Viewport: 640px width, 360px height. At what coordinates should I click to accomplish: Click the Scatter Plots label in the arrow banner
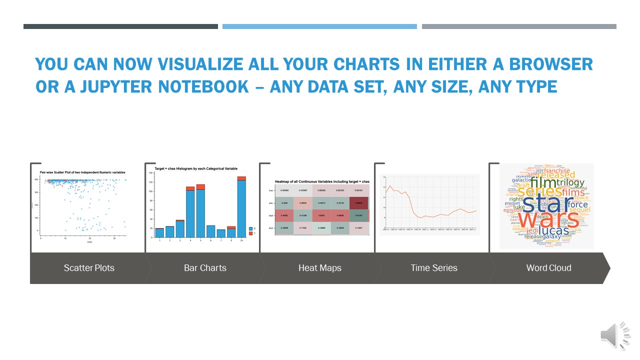click(x=89, y=268)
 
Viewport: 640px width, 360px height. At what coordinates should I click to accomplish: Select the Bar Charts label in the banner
click(x=205, y=268)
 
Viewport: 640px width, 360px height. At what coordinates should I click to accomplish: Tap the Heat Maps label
click(x=319, y=268)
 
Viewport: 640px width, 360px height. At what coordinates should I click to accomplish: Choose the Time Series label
click(x=434, y=268)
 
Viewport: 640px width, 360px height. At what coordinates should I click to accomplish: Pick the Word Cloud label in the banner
click(x=548, y=268)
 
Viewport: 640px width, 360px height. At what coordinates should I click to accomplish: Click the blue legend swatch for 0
click(x=251, y=228)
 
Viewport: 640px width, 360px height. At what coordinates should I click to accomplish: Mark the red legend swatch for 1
click(x=251, y=233)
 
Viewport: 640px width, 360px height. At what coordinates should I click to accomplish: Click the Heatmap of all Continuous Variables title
click(x=322, y=181)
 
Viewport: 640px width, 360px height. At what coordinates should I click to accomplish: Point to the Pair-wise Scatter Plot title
click(x=82, y=172)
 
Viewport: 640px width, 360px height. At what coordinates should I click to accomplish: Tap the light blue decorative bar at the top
click(x=319, y=26)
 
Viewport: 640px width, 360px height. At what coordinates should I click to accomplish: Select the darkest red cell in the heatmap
click(x=359, y=203)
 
